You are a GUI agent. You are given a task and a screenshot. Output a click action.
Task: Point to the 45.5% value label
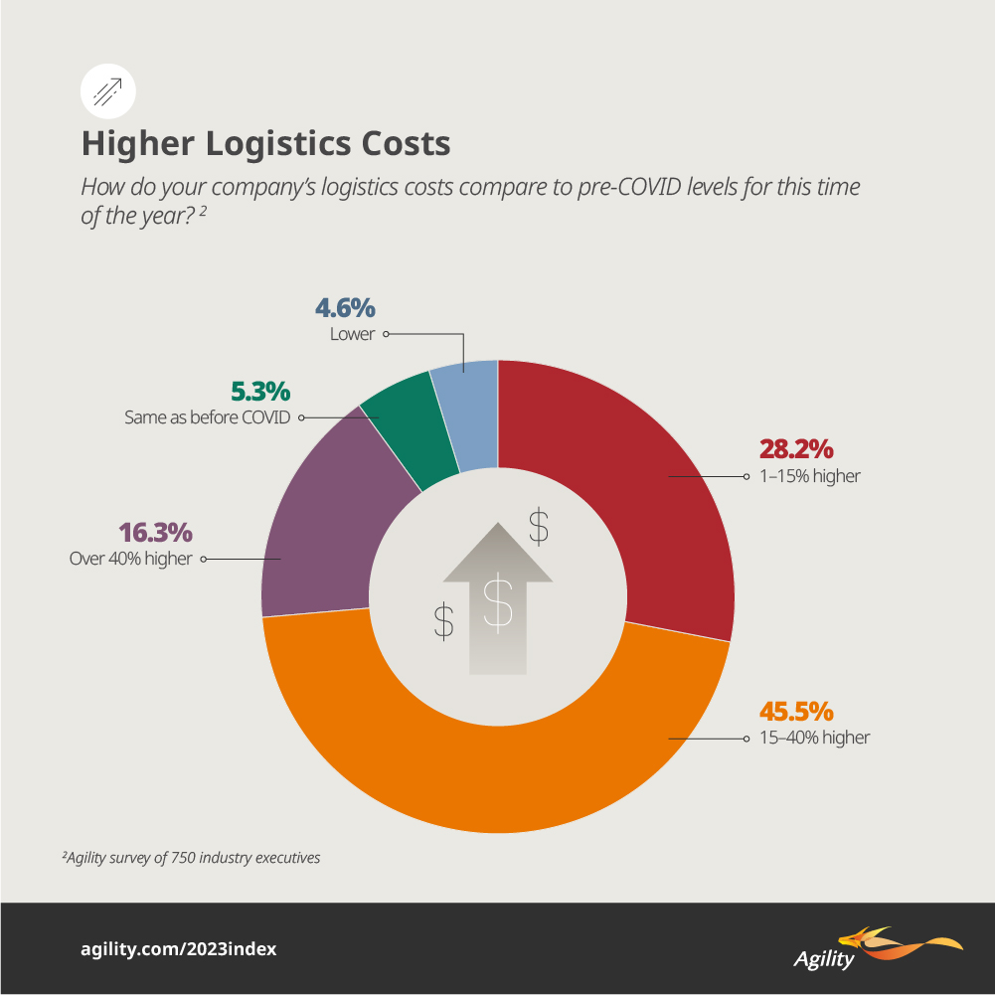(796, 712)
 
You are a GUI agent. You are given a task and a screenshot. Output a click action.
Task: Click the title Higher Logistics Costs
(265, 144)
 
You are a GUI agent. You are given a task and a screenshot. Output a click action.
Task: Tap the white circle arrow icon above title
(106, 91)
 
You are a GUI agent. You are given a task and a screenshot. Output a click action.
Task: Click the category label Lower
(352, 335)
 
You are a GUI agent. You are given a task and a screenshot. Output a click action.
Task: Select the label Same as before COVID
(207, 418)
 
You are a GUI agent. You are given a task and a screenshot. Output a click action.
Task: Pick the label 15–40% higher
(814, 739)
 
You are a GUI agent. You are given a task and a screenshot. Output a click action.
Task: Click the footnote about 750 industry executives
(191, 857)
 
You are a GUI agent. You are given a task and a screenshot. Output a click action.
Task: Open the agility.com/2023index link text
(178, 949)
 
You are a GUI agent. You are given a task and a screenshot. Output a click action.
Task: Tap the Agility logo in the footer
(875, 948)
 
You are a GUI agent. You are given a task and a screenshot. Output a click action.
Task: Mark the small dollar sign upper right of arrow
(538, 526)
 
